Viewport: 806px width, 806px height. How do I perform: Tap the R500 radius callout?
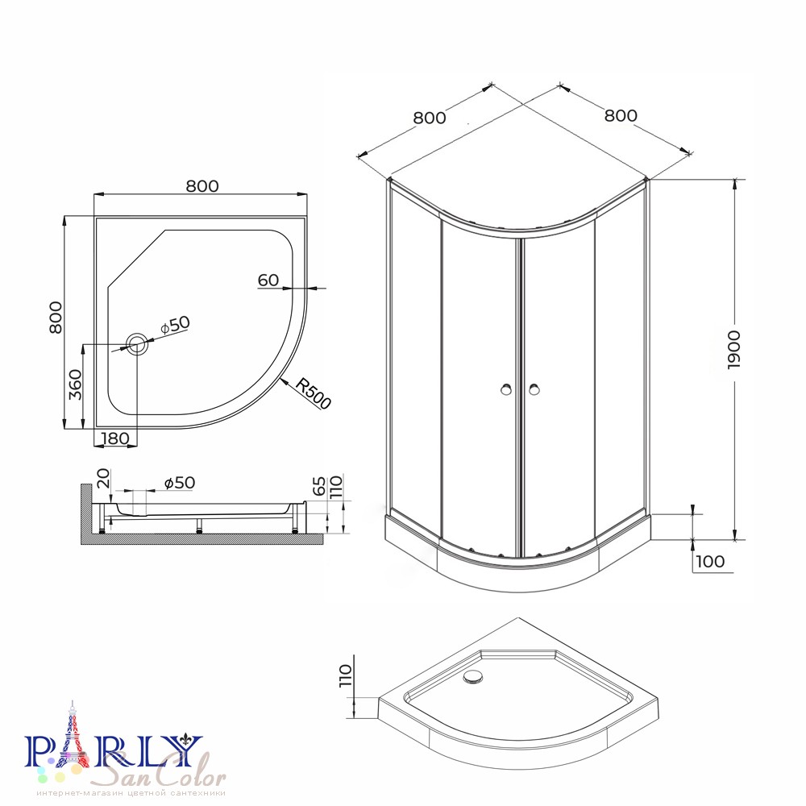coord(313,394)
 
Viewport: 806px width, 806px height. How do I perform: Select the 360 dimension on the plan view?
coord(75,385)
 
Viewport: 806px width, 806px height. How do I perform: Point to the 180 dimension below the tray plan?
coord(115,438)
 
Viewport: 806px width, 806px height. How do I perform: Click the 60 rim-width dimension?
coord(268,280)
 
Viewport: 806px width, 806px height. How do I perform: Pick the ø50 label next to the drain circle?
coord(175,325)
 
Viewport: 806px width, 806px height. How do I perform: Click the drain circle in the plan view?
coord(137,344)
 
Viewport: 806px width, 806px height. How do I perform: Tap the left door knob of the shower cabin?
coord(506,389)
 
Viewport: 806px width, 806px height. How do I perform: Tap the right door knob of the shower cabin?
coord(534,389)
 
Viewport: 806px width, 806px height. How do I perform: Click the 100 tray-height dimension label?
coord(710,561)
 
